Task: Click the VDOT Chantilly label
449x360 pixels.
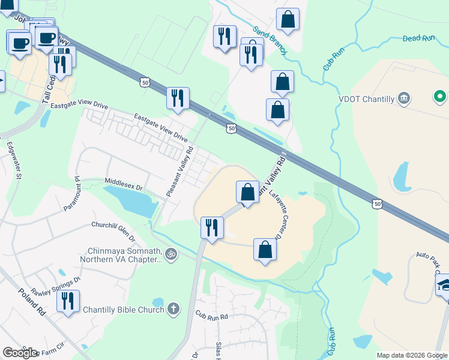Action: pos(366,99)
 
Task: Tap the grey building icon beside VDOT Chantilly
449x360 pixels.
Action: pos(404,98)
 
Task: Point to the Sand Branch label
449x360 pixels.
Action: pos(270,40)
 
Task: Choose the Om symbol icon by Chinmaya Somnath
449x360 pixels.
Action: pos(171,254)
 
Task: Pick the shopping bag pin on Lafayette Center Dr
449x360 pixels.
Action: pos(265,248)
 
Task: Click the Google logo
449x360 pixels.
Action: pos(20,353)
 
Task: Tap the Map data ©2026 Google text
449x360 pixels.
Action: pos(412,355)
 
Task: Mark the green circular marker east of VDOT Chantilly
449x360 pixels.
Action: pos(440,96)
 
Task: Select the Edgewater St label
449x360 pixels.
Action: pos(14,160)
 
